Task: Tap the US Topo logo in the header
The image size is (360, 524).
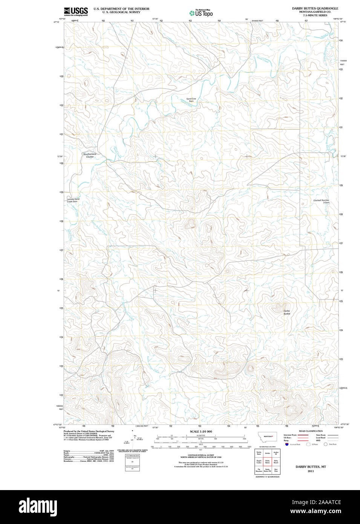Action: click(x=201, y=13)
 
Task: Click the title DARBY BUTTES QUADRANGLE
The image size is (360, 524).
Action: click(x=315, y=8)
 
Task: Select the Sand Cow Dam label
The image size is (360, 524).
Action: click(x=191, y=100)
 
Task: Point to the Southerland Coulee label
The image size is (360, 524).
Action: click(x=90, y=155)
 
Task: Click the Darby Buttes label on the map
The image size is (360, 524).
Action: click(x=287, y=312)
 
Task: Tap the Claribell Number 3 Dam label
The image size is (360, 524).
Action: click(x=321, y=201)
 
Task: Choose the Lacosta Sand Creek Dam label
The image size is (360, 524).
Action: click(x=73, y=200)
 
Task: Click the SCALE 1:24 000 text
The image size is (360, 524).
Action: click(x=201, y=431)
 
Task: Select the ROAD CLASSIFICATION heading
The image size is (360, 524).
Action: click(x=311, y=431)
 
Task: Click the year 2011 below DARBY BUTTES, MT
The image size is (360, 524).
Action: click(x=311, y=471)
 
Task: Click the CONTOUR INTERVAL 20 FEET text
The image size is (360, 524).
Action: click(x=201, y=455)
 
